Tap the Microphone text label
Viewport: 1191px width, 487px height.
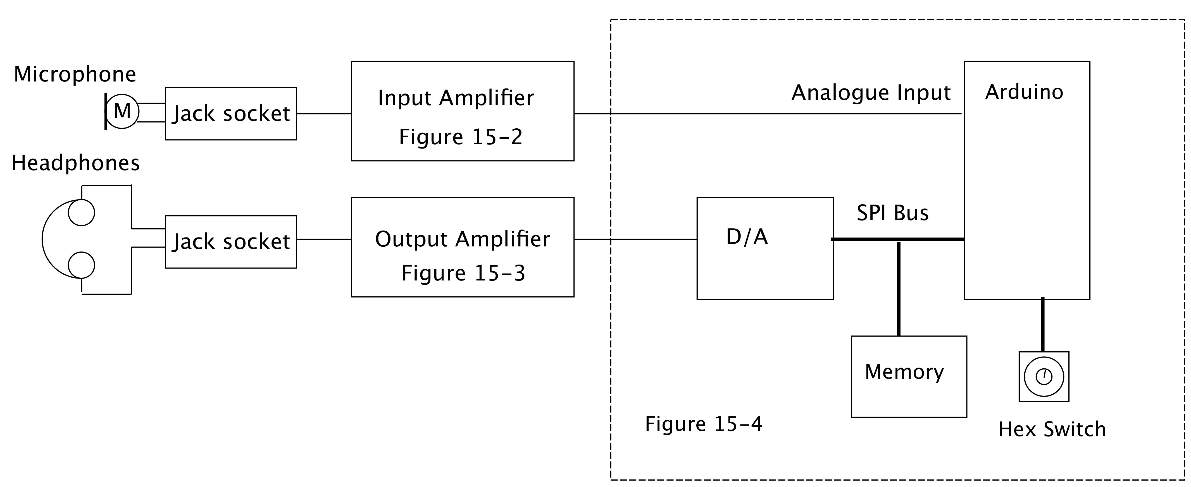[x=75, y=75]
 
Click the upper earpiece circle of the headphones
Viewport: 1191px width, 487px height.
[x=81, y=213]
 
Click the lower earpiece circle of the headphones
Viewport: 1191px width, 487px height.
[x=81, y=265]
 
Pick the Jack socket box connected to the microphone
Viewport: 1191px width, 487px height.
[x=231, y=114]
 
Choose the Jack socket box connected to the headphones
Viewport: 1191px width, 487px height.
[x=231, y=242]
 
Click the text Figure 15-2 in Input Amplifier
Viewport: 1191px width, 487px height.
[x=461, y=137]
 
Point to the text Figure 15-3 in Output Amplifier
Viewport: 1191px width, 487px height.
[x=463, y=273]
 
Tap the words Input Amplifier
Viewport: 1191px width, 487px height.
[x=456, y=98]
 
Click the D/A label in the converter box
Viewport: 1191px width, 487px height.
[x=747, y=237]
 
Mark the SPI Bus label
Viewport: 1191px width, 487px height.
[x=892, y=213]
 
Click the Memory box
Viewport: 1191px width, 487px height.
[x=909, y=376]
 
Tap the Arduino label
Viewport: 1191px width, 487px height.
[x=1024, y=92]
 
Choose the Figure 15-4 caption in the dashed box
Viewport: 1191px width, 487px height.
[x=703, y=424]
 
